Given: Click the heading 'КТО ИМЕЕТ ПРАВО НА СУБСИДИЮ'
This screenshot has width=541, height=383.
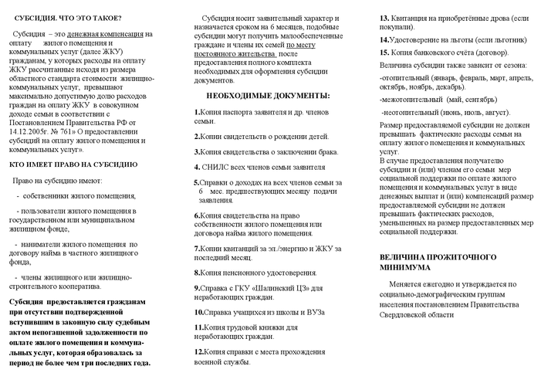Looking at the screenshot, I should coord(73,164).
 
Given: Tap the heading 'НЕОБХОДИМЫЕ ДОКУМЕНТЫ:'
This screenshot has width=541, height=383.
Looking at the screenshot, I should coord(268,96).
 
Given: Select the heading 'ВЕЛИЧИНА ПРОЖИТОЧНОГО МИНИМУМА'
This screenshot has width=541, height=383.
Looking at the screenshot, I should coord(438,262).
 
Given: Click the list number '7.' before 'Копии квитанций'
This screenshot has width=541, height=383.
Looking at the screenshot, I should coord(197,249).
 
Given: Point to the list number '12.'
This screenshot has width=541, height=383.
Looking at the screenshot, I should coord(199,351).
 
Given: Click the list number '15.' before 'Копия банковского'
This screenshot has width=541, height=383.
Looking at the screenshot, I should coord(384,53).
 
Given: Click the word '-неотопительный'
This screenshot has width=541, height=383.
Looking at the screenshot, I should coord(410,112).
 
